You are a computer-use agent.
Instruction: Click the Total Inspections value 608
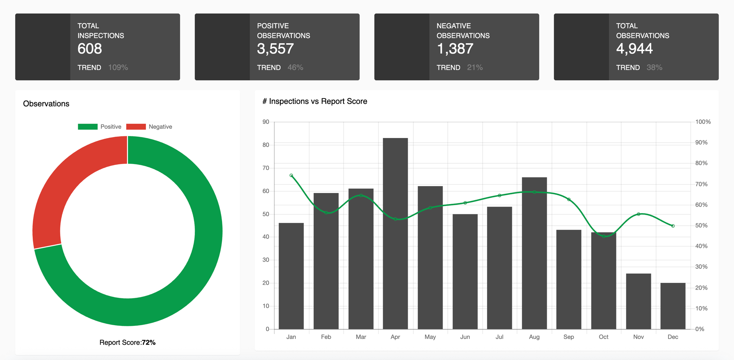(x=90, y=49)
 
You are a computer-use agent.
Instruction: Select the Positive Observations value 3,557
(x=275, y=49)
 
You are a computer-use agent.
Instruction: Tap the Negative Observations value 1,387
(x=455, y=49)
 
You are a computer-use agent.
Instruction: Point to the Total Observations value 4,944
(x=634, y=49)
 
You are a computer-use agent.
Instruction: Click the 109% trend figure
(x=118, y=68)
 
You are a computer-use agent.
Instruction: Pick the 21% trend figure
(x=475, y=68)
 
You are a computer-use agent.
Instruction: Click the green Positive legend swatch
(x=88, y=127)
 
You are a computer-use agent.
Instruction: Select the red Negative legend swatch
(x=136, y=127)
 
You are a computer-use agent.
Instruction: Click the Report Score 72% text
(x=127, y=342)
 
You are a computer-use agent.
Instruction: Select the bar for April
(x=395, y=235)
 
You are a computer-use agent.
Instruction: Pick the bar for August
(x=534, y=253)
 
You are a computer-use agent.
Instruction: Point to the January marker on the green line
(x=291, y=175)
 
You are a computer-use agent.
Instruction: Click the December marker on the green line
(x=673, y=226)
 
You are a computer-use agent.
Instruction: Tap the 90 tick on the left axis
(x=266, y=122)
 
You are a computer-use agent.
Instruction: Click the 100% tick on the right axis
(x=702, y=122)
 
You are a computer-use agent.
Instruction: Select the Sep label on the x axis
(x=568, y=337)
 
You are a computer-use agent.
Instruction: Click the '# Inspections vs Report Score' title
(x=315, y=101)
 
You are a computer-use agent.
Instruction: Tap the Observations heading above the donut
(x=46, y=104)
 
